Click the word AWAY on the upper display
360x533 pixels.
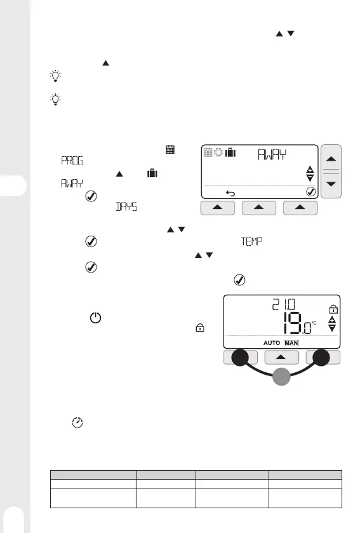click(272, 154)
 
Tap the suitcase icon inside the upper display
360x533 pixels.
click(230, 152)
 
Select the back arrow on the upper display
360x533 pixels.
click(230, 193)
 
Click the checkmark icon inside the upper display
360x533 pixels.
click(310, 192)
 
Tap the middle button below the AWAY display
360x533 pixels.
click(259, 208)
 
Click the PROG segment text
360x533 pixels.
click(72, 161)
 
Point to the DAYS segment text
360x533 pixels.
click(127, 206)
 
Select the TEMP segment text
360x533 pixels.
click(251, 241)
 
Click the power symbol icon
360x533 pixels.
click(95, 318)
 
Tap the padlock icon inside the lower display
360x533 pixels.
click(333, 309)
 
